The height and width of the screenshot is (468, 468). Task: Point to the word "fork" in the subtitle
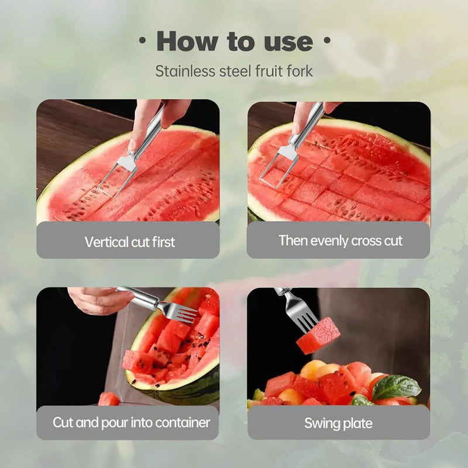[x=298, y=71]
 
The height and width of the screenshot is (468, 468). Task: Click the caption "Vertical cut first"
[x=129, y=242]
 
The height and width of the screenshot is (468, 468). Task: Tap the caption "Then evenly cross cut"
[x=340, y=240]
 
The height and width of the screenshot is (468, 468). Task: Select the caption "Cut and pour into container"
[x=131, y=422]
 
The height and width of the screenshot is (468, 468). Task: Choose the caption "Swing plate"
[x=338, y=423]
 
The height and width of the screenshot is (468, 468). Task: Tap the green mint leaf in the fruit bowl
[x=396, y=387]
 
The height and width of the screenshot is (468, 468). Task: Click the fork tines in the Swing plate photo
[x=299, y=309]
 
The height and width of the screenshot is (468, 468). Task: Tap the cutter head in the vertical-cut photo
[x=118, y=174]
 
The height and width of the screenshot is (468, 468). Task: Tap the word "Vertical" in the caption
[x=105, y=242]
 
